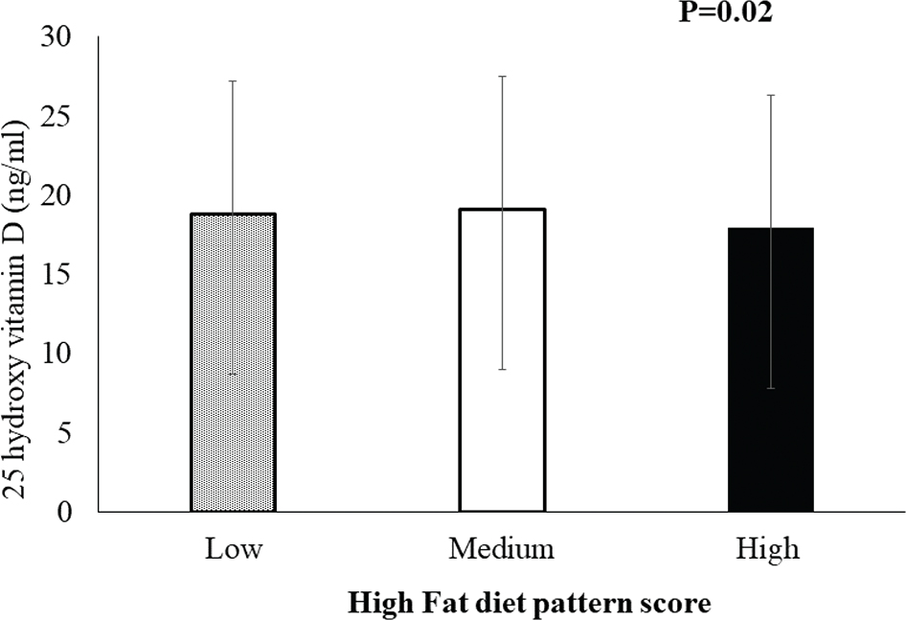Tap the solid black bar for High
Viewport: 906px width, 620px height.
pos(771,369)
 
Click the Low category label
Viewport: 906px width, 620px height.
pos(233,550)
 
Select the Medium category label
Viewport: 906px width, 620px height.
pos(502,550)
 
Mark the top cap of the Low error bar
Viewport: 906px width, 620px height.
pos(233,81)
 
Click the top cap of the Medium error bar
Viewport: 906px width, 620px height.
pos(502,76)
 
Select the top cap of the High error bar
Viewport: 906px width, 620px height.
pos(771,95)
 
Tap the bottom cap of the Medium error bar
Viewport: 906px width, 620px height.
pos(502,370)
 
